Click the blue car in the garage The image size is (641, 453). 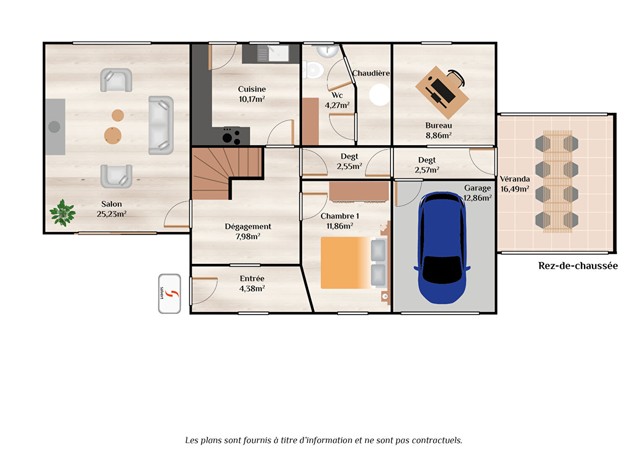pos(442,247)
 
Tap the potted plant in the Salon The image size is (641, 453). pos(63,213)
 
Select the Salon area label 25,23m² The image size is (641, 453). pos(112,214)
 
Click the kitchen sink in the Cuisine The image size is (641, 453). pos(278,53)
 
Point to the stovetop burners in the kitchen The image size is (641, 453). pos(231,135)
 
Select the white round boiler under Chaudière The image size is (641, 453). pos(379,95)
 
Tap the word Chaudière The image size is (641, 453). pos(371,73)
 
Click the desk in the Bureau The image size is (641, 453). pos(442,92)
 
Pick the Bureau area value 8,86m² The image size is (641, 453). pos(438,135)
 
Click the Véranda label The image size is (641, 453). pos(515,179)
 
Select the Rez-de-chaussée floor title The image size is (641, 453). pos(578,266)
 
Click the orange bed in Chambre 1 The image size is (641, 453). pos(346,263)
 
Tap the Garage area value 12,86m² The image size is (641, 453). pos(477,198)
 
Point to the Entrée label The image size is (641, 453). pos(252,279)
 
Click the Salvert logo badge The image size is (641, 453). pos(169,294)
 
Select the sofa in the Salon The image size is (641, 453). pos(161,125)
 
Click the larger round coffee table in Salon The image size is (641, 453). pos(113,135)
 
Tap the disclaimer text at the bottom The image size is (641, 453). pos(323,440)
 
